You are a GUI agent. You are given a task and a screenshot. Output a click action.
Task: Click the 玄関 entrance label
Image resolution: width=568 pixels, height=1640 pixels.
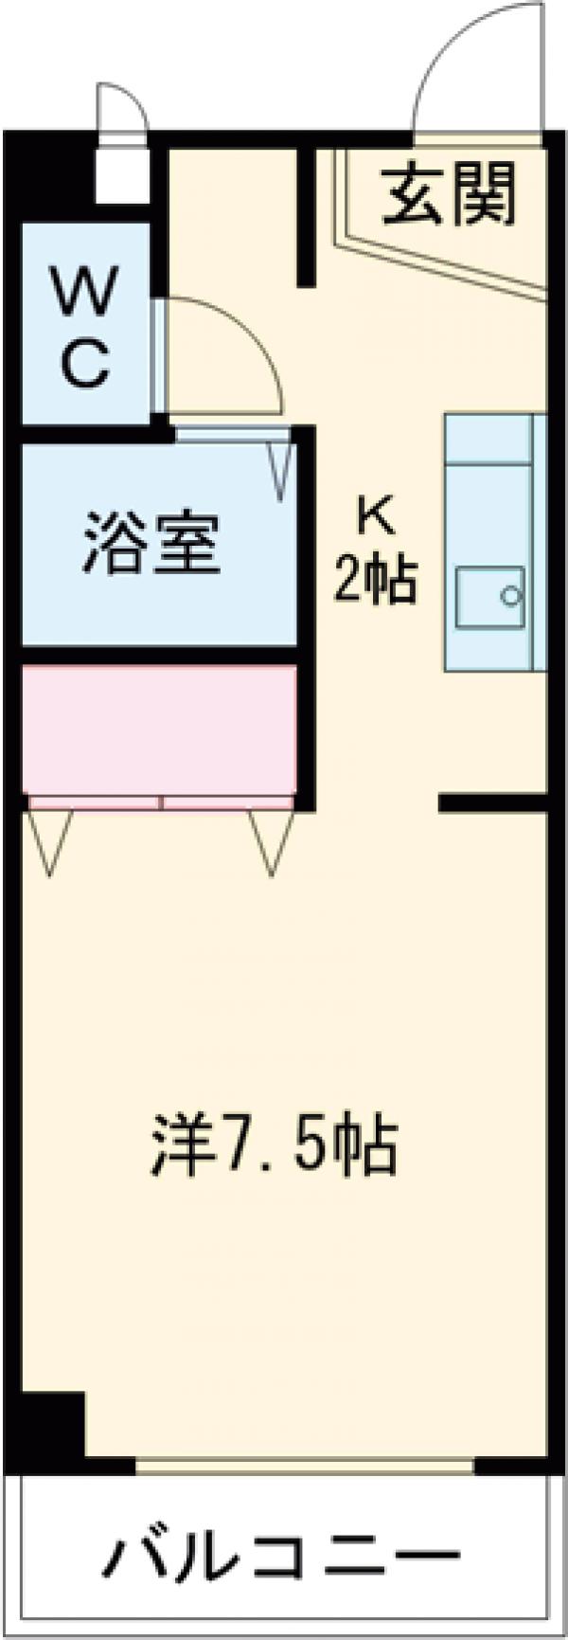(451, 194)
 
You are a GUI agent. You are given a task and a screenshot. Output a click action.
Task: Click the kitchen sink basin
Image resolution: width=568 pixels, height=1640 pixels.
(489, 597)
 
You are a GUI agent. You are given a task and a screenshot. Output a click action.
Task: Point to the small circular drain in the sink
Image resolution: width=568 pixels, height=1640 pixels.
(511, 597)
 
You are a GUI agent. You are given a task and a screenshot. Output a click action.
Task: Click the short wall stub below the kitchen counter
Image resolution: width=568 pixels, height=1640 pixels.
(492, 804)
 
